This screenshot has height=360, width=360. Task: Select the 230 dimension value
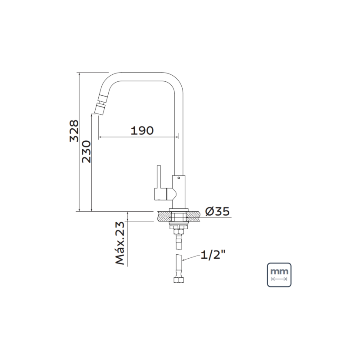click(x=87, y=152)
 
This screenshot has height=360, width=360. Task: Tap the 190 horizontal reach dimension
click(x=142, y=130)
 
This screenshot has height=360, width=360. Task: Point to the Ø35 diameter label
click(x=217, y=211)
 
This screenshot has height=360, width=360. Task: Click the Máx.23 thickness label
click(x=120, y=243)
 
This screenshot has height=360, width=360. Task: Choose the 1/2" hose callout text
click(x=213, y=255)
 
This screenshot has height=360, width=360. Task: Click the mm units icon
click(x=279, y=275)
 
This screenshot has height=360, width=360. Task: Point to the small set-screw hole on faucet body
click(x=179, y=178)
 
